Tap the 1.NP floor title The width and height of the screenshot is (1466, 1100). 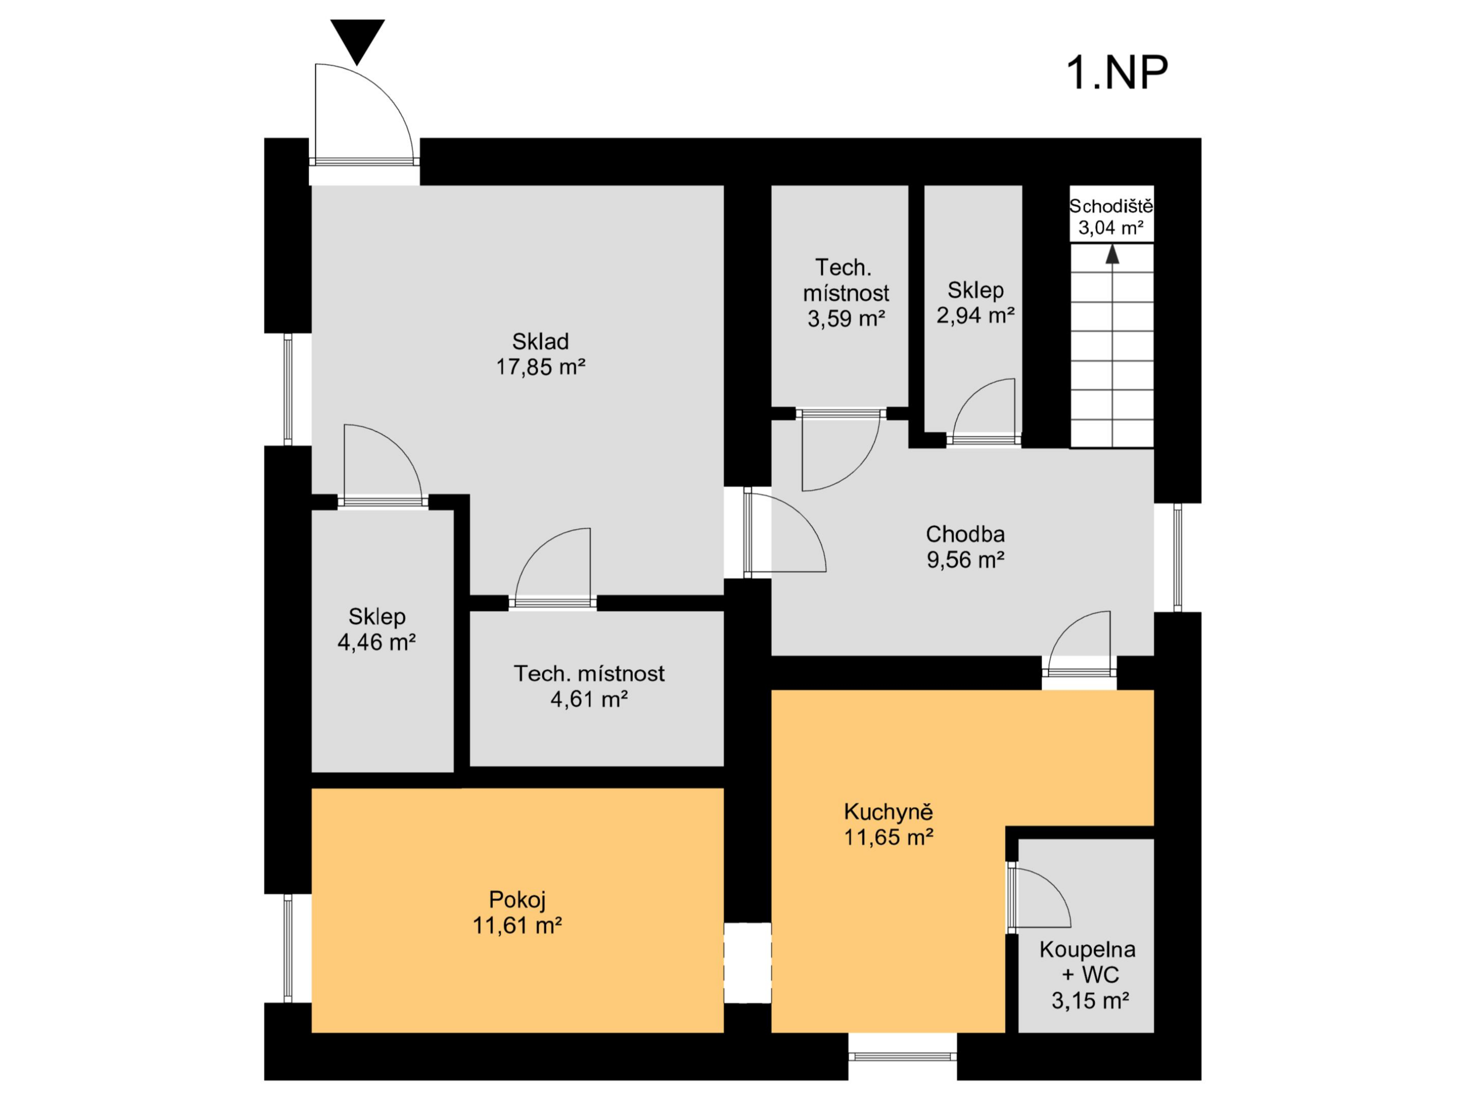(x=1117, y=73)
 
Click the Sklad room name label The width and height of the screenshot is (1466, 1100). (x=540, y=341)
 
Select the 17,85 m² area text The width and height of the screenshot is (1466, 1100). (x=541, y=367)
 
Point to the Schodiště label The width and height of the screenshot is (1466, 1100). (x=1111, y=206)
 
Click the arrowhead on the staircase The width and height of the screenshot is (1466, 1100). (x=1112, y=254)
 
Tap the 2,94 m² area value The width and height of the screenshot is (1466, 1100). (x=975, y=315)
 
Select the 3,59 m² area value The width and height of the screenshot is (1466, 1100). (x=846, y=319)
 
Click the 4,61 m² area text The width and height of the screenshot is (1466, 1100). (x=589, y=699)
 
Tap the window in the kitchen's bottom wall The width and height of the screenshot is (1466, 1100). (x=902, y=1056)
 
